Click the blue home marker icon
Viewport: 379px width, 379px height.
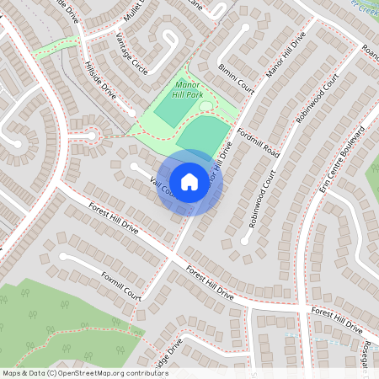pyautogui.click(x=189, y=181)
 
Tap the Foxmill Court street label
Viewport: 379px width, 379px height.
pyautogui.click(x=120, y=286)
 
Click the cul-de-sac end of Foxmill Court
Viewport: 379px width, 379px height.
pyautogui.click(x=62, y=255)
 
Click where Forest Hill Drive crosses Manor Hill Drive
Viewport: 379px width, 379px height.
pyautogui.click(x=173, y=254)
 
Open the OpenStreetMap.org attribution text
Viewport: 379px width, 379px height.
pyautogui.click(x=84, y=372)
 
